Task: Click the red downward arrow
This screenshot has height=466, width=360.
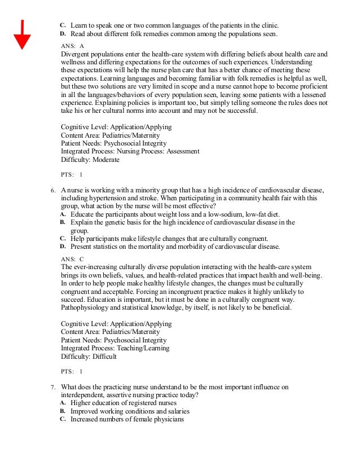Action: (x=22, y=34)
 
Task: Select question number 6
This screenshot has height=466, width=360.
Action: (x=52, y=191)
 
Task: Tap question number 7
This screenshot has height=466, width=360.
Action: (x=52, y=387)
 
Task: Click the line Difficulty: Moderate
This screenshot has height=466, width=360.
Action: (x=90, y=160)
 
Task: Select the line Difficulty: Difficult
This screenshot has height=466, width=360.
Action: (x=89, y=357)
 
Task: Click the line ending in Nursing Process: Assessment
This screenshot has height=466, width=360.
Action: (x=130, y=151)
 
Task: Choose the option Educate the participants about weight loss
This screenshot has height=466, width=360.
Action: (x=166, y=214)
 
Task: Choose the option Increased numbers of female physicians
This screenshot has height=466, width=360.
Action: (x=128, y=419)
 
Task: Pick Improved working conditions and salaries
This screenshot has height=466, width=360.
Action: (x=130, y=411)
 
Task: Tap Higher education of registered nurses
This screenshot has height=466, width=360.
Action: (x=124, y=403)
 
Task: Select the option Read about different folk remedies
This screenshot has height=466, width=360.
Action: (x=174, y=34)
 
